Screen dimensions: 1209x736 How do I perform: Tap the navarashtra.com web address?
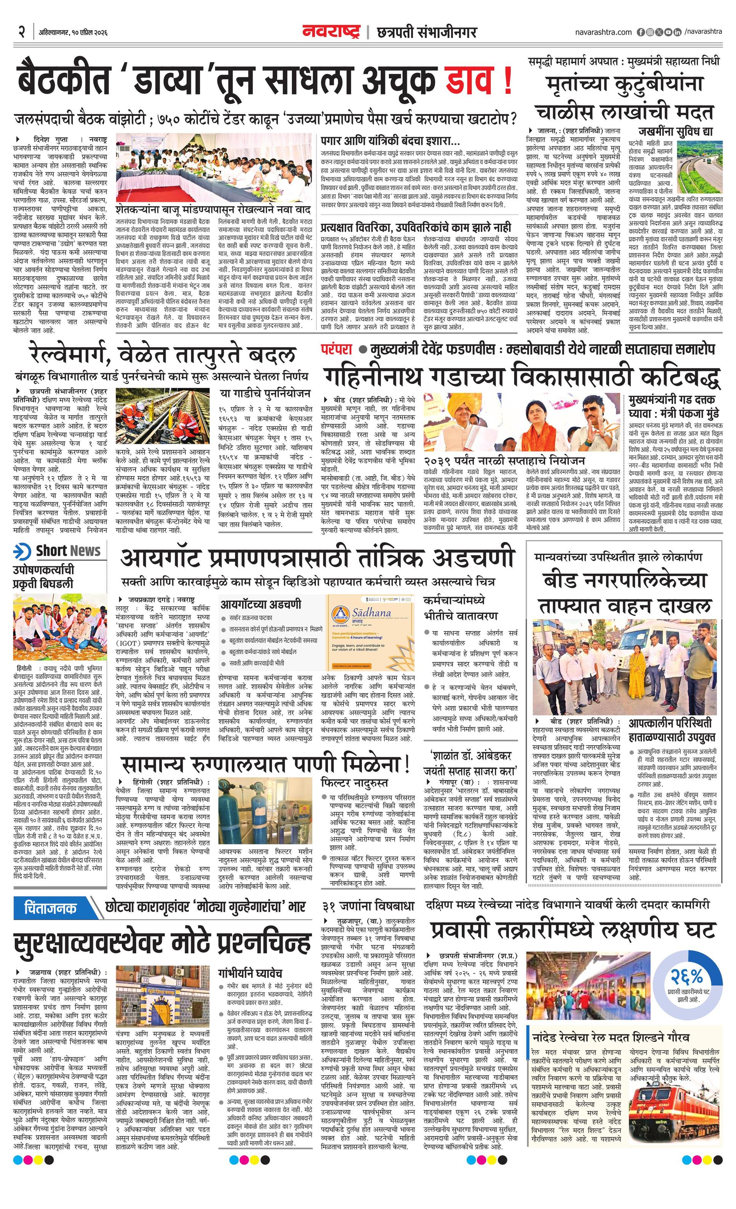[x=603, y=32]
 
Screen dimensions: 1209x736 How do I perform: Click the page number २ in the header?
[x=22, y=32]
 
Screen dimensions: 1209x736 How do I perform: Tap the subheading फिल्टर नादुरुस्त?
[x=354, y=782]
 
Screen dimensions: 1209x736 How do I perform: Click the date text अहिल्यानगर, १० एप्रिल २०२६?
[x=73, y=33]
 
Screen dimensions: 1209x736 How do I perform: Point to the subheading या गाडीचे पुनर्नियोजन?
[x=265, y=393]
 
